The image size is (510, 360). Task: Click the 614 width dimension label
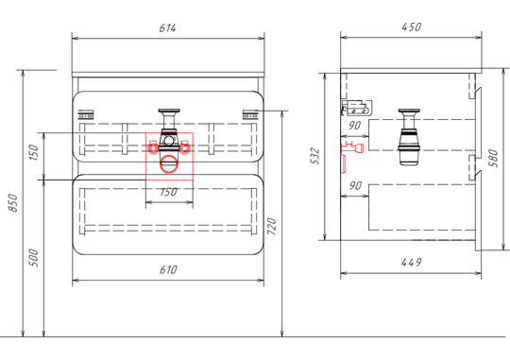click(168, 28)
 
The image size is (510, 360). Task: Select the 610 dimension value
click(168, 270)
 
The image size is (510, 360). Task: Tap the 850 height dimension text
click(13, 202)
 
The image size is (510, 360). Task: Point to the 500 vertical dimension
click(34, 258)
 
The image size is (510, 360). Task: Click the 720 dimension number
click(272, 227)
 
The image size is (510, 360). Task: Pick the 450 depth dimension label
click(412, 27)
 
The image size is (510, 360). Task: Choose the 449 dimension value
click(411, 262)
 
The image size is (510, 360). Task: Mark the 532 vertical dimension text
click(315, 156)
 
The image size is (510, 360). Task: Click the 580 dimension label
click(494, 158)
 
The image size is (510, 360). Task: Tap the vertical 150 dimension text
click(34, 152)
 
